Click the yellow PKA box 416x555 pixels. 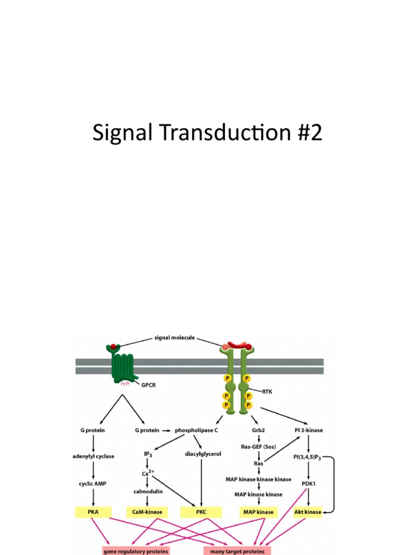[x=94, y=511]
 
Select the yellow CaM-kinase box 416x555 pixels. [x=147, y=511]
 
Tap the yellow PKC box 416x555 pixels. [x=202, y=511]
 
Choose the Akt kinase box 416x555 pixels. [x=308, y=511]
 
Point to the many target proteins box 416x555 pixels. [x=238, y=551]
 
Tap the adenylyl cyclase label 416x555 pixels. [x=93, y=456]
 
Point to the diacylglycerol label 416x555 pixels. [x=203, y=454]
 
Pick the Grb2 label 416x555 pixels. [x=258, y=430]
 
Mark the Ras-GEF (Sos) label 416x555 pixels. [x=258, y=447]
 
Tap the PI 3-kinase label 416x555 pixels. [x=308, y=430]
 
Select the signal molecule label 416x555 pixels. [x=174, y=337]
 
